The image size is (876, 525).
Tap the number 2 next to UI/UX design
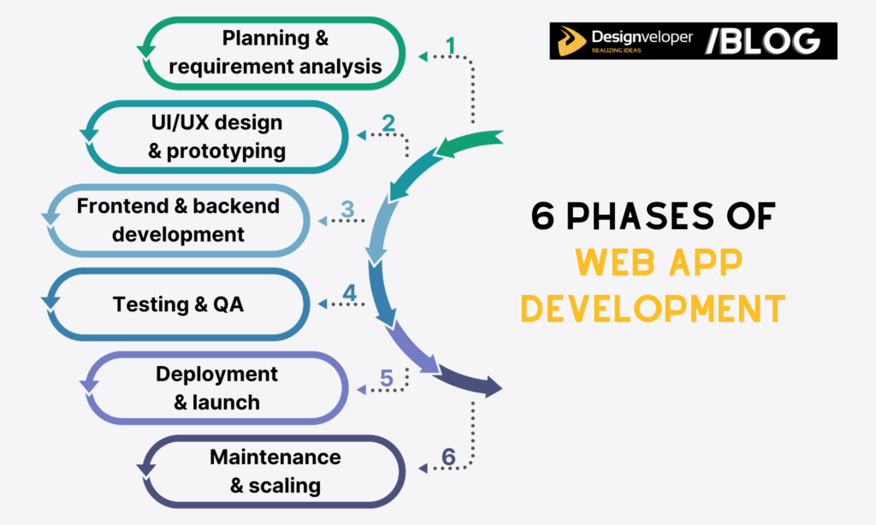[388, 123]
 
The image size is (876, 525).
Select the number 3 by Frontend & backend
[346, 209]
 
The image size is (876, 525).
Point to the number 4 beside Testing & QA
[349, 292]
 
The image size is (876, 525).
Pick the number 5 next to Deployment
[387, 377]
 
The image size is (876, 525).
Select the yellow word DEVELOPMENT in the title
[653, 307]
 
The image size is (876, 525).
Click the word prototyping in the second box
[228, 151]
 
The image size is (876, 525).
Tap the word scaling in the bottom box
[286, 486]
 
